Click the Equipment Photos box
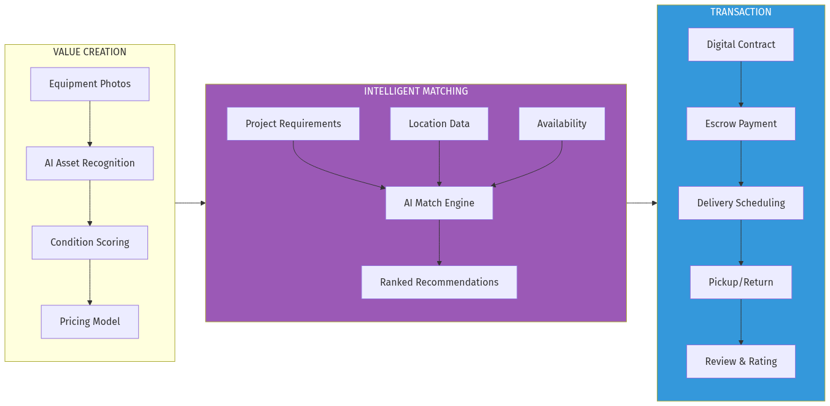90,84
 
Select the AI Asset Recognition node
90,163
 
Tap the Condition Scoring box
90,243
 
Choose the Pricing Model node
90,322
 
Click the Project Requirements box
293,124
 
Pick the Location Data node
439,124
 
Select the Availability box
562,124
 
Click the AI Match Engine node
439,203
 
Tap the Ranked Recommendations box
439,283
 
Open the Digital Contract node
740,45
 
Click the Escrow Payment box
740,124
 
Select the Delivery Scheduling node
740,203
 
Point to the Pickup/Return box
740,283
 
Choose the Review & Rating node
740,362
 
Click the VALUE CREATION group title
90,52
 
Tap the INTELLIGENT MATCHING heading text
416,92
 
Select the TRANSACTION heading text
740,12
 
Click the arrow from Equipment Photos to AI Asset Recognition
90,123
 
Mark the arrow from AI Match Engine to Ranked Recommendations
439,243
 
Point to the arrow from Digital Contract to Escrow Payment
740,84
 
